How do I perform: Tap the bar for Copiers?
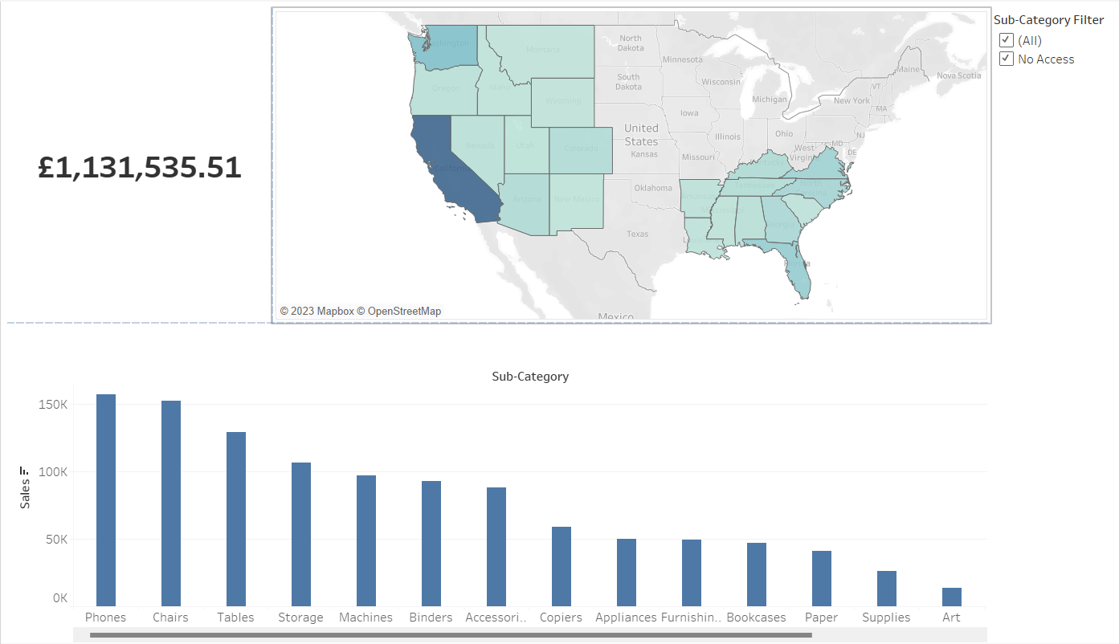[x=562, y=566]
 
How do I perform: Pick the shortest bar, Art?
[x=952, y=597]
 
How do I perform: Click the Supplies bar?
[x=887, y=589]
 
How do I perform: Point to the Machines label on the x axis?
[x=366, y=618]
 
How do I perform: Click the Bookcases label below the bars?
[x=756, y=618]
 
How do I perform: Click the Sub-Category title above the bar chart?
[x=530, y=376]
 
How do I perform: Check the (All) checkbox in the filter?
[x=1006, y=40]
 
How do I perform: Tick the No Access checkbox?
[x=1006, y=59]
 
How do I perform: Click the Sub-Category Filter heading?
[x=1048, y=20]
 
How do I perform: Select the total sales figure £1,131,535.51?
[x=140, y=168]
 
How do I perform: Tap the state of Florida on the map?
[x=799, y=273]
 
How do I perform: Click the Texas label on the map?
[x=637, y=234]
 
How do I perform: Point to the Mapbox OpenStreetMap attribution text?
[x=361, y=311]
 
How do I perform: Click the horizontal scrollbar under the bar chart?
[x=450, y=635]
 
